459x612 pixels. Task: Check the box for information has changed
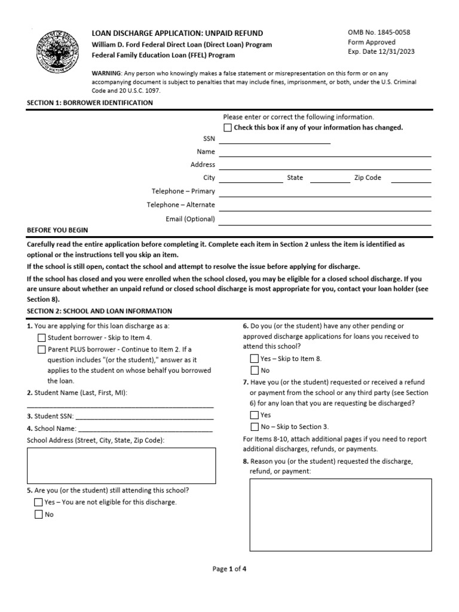(x=228, y=128)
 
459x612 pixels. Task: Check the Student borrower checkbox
(x=41, y=338)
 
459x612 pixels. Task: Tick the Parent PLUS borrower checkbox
(x=41, y=350)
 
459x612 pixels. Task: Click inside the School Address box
(x=121, y=465)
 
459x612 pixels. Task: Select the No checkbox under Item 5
(x=39, y=514)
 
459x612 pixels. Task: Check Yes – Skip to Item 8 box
(x=254, y=359)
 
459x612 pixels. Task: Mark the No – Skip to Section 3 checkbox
(x=254, y=427)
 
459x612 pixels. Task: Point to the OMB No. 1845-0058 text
(x=379, y=32)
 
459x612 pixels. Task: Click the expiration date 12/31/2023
(x=395, y=51)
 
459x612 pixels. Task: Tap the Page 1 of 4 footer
(x=229, y=569)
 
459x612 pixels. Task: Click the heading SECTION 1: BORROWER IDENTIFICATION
(x=90, y=103)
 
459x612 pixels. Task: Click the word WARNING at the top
(x=106, y=73)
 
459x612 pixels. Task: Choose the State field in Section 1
(x=330, y=178)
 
